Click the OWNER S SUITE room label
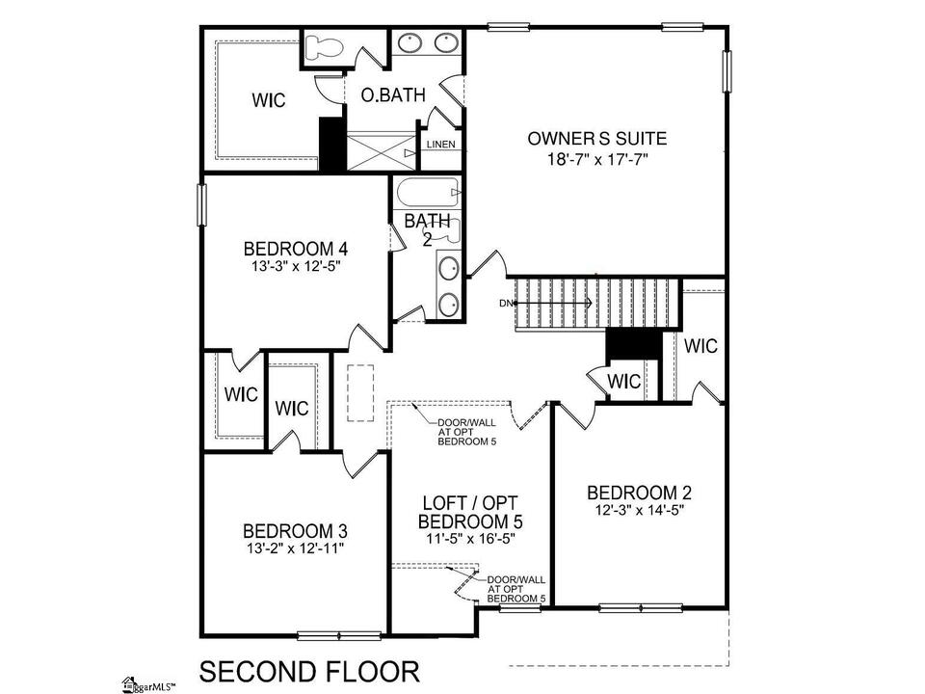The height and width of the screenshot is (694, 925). click(597, 139)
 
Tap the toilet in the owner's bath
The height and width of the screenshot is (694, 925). click(323, 47)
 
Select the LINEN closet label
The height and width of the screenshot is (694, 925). click(440, 145)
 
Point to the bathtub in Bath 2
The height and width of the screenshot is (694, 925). click(428, 193)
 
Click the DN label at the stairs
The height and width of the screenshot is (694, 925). click(506, 304)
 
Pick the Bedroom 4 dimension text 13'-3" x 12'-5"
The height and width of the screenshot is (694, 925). click(297, 266)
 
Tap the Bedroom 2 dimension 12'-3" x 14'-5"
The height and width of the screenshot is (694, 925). click(640, 510)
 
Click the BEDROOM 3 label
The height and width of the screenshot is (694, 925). click(295, 531)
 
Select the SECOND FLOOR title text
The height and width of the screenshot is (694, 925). click(309, 672)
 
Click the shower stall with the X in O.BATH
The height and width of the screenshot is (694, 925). click(382, 152)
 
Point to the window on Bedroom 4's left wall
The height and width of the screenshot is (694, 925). click(201, 204)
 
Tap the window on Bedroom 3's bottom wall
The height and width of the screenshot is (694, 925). click(339, 635)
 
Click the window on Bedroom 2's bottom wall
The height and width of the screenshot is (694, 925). click(641, 607)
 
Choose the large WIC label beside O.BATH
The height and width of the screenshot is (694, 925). click(269, 100)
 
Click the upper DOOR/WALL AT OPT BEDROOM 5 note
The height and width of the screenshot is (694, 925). click(466, 432)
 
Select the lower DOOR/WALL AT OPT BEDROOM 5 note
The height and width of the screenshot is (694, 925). click(516, 589)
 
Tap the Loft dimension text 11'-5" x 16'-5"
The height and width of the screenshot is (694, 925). click(471, 539)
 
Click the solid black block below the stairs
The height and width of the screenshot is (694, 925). click(634, 343)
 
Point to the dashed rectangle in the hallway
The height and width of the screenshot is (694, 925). click(359, 393)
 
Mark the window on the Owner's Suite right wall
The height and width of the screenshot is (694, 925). click(727, 70)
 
